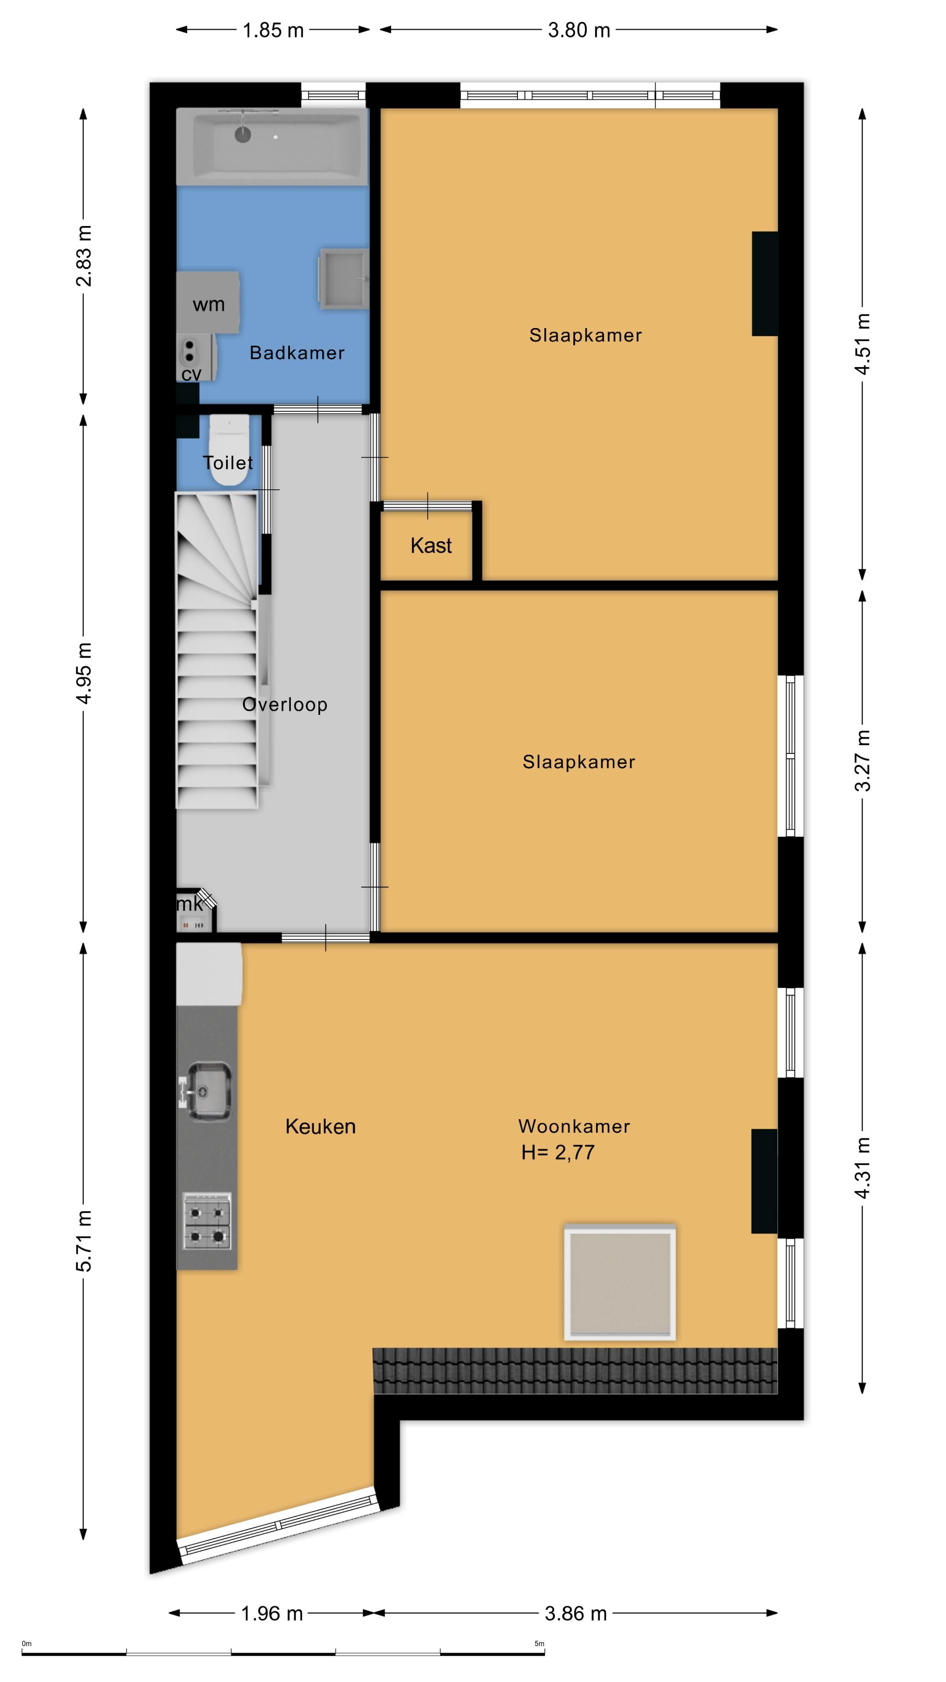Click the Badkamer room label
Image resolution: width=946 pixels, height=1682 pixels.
click(x=297, y=353)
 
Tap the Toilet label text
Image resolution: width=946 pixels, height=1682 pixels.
click(x=228, y=463)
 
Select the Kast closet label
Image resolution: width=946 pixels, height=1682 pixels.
click(x=431, y=545)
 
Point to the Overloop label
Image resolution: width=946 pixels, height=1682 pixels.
click(x=285, y=704)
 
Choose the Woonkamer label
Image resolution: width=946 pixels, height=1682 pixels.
click(x=574, y=1126)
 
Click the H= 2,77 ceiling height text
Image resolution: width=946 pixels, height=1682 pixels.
click(x=558, y=1152)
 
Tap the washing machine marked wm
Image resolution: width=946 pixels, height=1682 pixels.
click(x=208, y=303)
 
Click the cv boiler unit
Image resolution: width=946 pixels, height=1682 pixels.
click(x=196, y=358)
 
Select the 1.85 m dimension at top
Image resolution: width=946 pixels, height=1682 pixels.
click(x=273, y=30)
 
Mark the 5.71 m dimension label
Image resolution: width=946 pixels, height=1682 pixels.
click(x=84, y=1240)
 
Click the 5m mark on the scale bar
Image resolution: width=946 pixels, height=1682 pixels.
click(x=539, y=1643)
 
